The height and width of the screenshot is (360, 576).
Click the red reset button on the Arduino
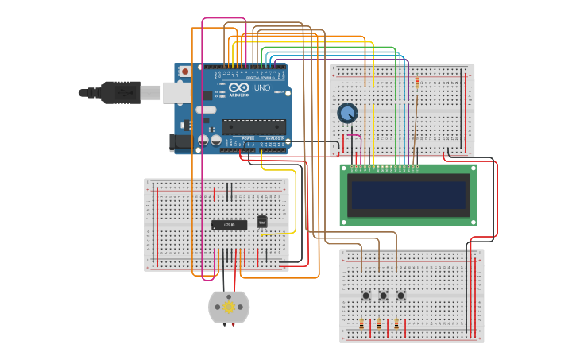click(185, 72)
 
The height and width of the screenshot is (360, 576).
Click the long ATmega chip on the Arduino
click(253, 126)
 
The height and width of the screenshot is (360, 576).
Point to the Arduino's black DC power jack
click(180, 143)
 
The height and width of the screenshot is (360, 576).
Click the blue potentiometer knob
click(347, 113)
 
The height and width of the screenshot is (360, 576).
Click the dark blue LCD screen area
click(408, 195)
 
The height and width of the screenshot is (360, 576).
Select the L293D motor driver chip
click(229, 225)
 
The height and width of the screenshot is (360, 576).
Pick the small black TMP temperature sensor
click(262, 222)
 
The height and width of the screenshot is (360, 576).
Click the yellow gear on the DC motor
click(229, 307)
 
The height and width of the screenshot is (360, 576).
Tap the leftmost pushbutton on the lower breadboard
click(365, 296)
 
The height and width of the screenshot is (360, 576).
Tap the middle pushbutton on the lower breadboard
click(383, 296)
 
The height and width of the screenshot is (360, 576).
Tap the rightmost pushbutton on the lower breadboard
click(400, 296)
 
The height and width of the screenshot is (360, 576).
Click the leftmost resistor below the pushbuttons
click(361, 324)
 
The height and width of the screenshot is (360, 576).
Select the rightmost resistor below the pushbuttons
click(396, 324)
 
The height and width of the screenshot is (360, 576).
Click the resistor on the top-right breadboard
click(417, 81)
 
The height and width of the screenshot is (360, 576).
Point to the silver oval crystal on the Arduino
click(205, 110)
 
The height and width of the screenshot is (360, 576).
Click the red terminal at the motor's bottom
click(233, 324)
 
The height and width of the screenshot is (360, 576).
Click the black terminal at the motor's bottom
click(225, 324)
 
